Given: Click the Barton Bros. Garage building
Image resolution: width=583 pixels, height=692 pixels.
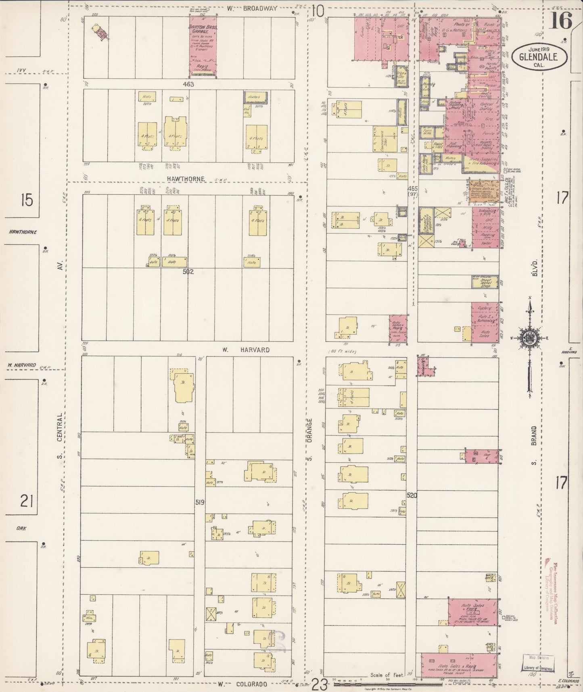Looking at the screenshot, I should pyautogui.click(x=203, y=46).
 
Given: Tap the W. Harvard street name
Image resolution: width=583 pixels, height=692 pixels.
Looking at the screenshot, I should pyautogui.click(x=246, y=350).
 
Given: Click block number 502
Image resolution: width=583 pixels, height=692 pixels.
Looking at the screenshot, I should pyautogui.click(x=188, y=272).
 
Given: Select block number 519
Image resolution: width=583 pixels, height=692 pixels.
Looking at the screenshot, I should pyautogui.click(x=200, y=503).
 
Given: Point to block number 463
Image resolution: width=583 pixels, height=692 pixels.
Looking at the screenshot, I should pyautogui.click(x=188, y=84).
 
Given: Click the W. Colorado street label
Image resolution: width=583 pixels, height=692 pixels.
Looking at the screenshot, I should pyautogui.click(x=243, y=684).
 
